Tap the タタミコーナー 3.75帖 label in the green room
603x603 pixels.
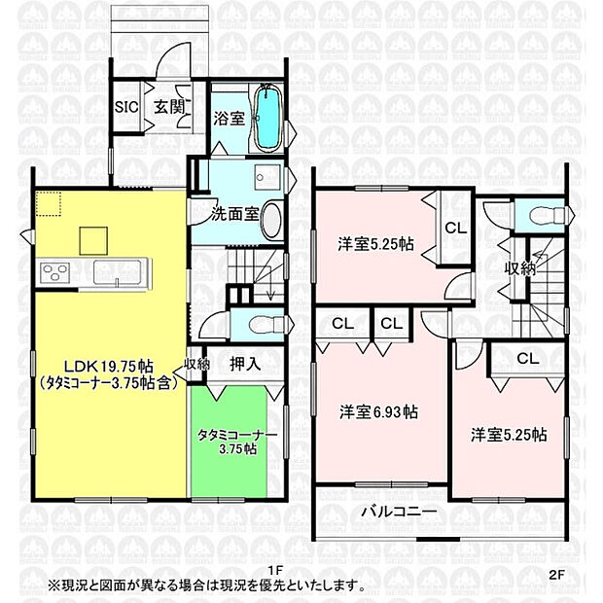[237, 442]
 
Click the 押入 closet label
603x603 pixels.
[245, 365]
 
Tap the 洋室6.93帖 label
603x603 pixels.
[379, 412]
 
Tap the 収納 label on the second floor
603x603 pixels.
[518, 268]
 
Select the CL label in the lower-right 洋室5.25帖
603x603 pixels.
[527, 359]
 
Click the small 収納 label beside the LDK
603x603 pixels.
[196, 365]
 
